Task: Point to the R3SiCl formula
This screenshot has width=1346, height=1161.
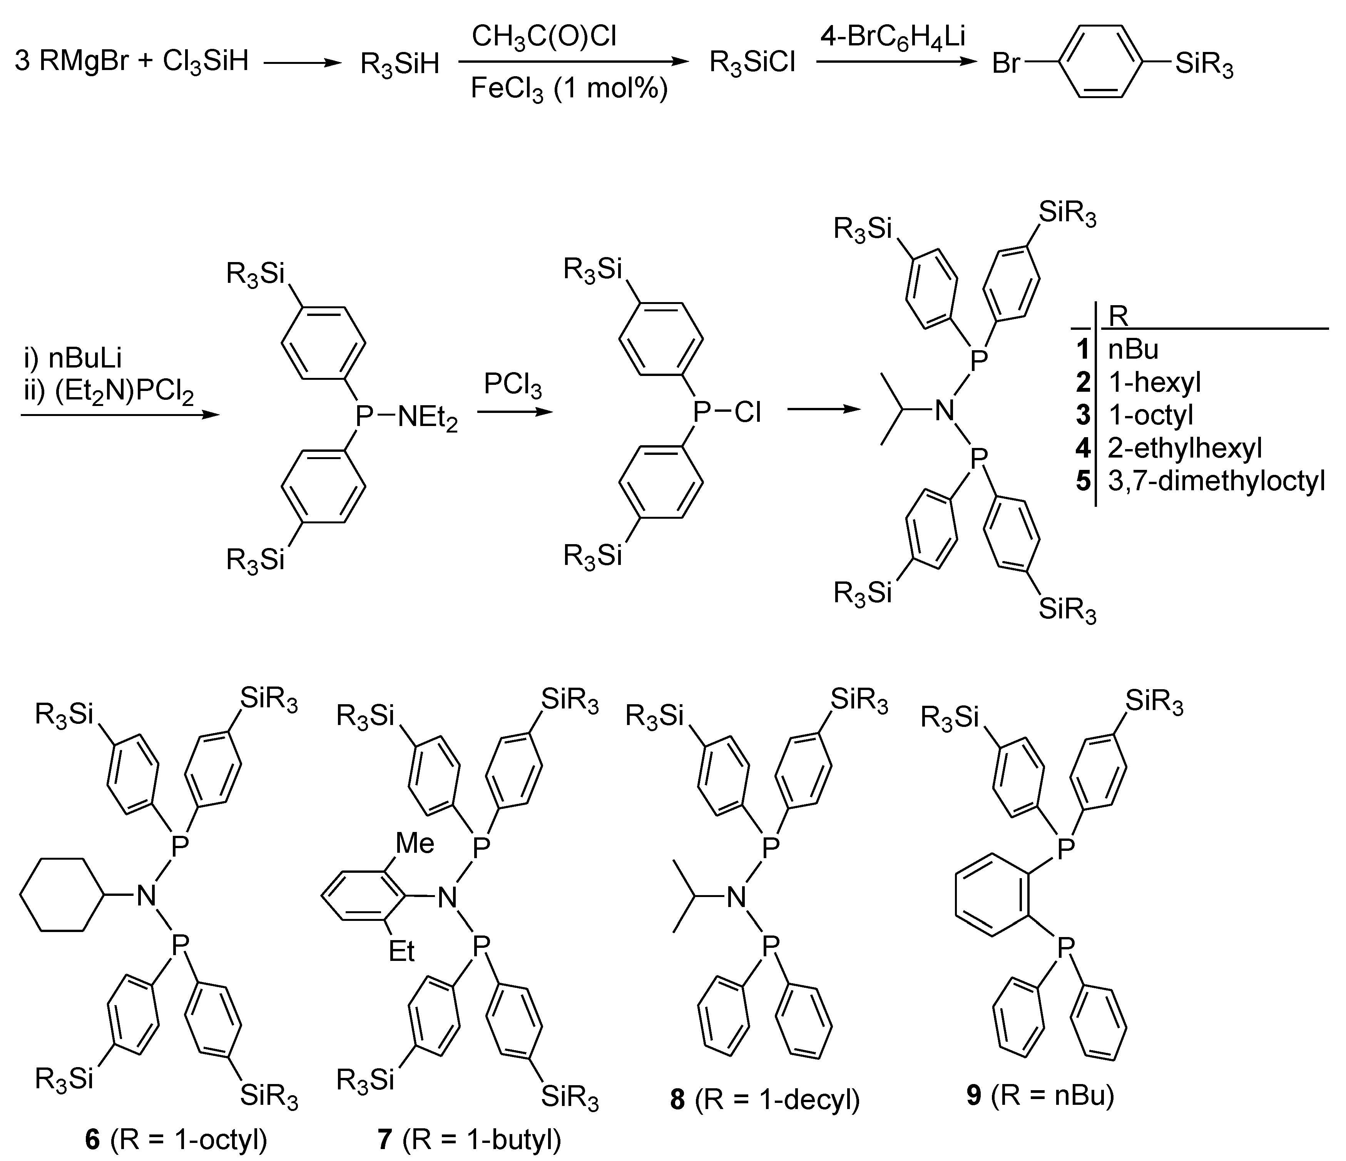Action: click(752, 63)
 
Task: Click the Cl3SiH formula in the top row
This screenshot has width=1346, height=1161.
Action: click(205, 63)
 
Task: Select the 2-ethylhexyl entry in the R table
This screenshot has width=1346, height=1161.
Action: click(1184, 448)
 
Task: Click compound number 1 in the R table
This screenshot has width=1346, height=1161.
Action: click(1082, 350)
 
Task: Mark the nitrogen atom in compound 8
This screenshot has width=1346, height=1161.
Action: click(736, 898)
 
